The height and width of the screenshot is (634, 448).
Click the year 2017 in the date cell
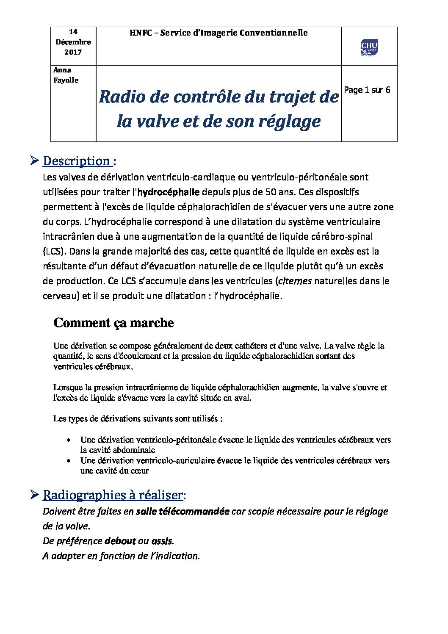tap(73, 52)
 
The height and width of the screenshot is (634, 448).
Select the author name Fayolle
tap(66, 80)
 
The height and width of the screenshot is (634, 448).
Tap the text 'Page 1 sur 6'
tap(367, 90)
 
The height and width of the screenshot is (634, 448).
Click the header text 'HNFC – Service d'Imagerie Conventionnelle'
tap(218, 33)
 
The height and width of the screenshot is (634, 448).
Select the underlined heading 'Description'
tap(77, 161)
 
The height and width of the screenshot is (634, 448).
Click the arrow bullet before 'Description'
tap(35, 161)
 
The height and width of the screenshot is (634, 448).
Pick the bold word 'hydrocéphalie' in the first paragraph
tap(169, 192)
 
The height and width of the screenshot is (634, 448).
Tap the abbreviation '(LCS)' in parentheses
tap(54, 251)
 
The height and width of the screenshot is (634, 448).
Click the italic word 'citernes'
tap(295, 281)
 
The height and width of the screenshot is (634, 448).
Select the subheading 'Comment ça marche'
tap(113, 323)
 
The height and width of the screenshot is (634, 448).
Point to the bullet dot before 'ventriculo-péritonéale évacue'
tap(68, 440)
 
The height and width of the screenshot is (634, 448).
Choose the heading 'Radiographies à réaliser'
tap(113, 495)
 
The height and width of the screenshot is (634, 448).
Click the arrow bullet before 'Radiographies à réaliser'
tap(35, 494)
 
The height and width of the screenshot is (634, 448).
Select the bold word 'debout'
tap(120, 541)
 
